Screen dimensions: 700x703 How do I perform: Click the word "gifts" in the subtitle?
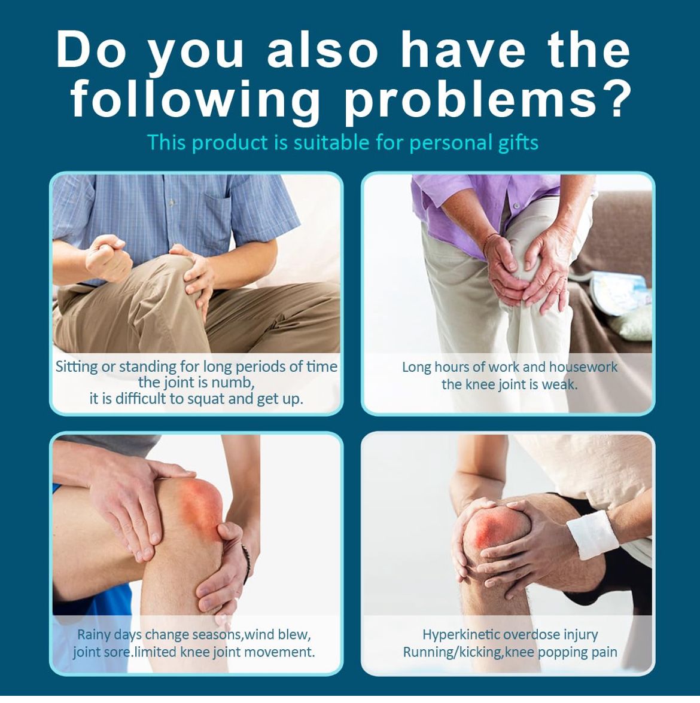519,143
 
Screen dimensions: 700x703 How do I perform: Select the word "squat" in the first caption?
206,399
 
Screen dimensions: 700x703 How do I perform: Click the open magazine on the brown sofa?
619,292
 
